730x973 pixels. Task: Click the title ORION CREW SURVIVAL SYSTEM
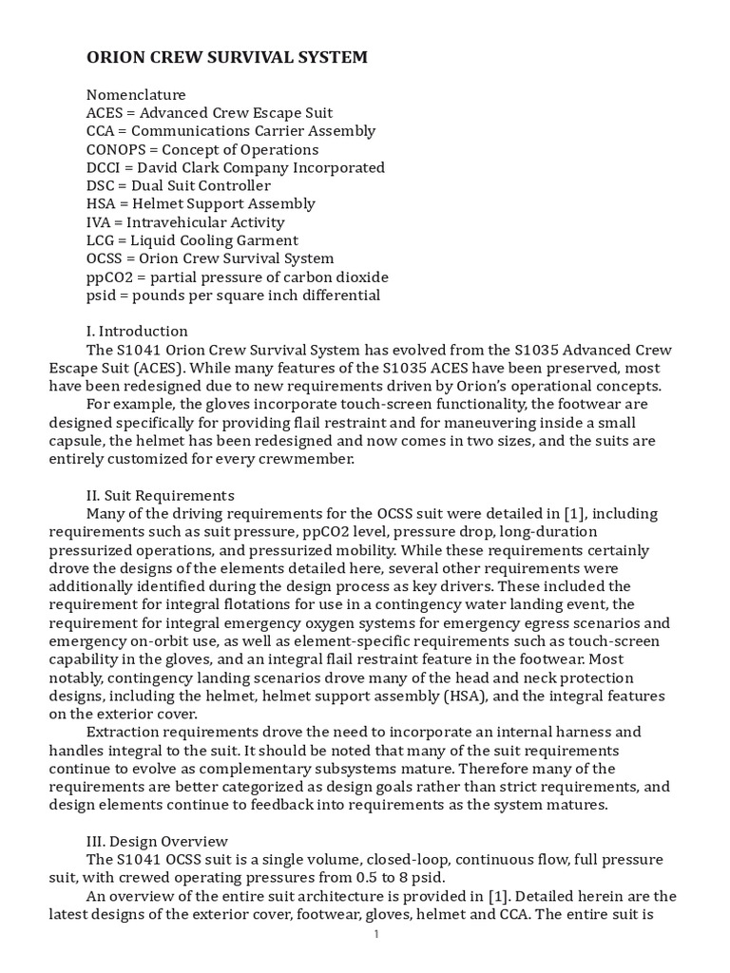226,58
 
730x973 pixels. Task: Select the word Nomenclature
136,95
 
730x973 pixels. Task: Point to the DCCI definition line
235,167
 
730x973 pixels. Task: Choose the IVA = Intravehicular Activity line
185,221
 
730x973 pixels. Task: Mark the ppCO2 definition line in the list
237,277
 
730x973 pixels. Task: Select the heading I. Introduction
137,332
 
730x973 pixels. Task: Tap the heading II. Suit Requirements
160,495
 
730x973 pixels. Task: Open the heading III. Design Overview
157,841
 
